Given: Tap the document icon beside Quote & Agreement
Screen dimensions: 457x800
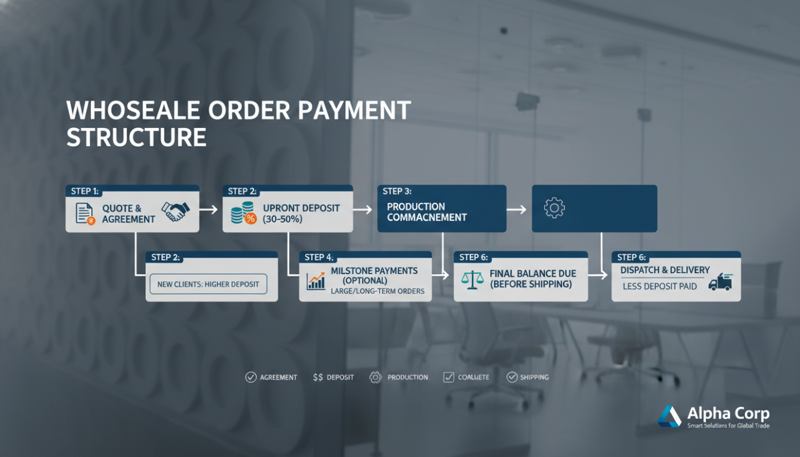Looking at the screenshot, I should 85,213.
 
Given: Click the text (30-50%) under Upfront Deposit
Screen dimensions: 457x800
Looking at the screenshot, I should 282,219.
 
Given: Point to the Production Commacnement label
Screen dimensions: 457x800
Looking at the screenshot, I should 426,212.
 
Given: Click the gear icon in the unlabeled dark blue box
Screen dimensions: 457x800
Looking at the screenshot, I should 554,208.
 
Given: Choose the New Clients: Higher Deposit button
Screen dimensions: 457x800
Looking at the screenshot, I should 209,284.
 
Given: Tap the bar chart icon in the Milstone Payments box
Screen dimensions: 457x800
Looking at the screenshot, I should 316,281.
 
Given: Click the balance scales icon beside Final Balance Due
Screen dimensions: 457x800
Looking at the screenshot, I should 472,280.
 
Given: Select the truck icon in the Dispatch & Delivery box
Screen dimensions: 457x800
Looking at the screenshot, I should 720,282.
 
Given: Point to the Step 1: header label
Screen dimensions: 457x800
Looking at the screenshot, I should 85,191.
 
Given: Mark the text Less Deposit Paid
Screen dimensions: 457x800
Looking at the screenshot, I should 660,286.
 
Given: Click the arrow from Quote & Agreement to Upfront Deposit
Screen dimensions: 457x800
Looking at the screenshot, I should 209,210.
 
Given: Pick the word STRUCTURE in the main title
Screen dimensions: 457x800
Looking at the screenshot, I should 136,137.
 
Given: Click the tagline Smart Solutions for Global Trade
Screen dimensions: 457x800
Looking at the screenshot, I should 728,426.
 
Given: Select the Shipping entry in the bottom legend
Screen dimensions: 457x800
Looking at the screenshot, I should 527,377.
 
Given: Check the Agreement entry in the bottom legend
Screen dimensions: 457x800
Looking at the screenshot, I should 271,377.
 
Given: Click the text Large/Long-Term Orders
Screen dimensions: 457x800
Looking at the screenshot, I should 378,291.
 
